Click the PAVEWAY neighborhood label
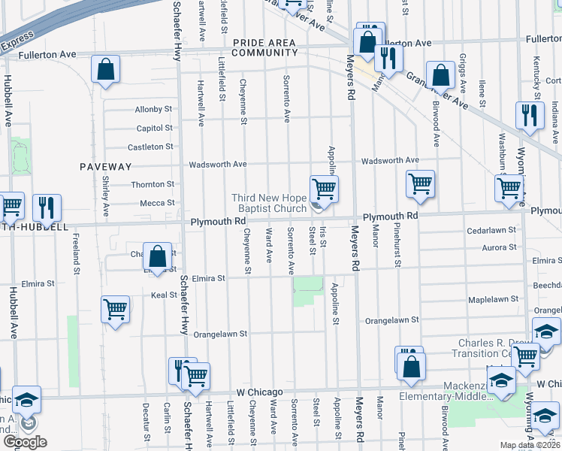106,166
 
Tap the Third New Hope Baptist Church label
268,203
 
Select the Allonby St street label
154,110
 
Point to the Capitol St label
155,129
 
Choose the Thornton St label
153,184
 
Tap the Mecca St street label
157,203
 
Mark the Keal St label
163,295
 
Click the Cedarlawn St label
491,230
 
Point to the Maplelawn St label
494,299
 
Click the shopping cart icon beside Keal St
116,309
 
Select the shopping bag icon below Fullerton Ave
107,70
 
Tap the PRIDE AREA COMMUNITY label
265,48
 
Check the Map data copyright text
530,445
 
